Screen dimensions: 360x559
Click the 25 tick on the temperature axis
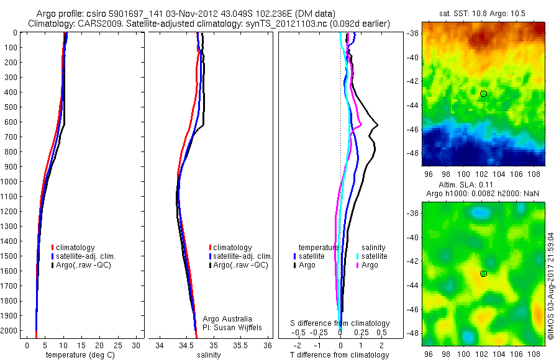tap(117, 345)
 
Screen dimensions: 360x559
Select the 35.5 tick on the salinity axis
tap(240, 345)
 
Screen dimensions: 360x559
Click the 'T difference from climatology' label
tap(340, 355)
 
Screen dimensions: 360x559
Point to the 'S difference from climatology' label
tap(340, 323)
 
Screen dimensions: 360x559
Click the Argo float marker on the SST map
tap(483, 94)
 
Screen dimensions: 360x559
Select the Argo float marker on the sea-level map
tap(483, 274)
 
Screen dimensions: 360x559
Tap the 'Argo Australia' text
tap(227, 318)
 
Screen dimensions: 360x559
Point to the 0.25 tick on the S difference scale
tap(361, 333)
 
